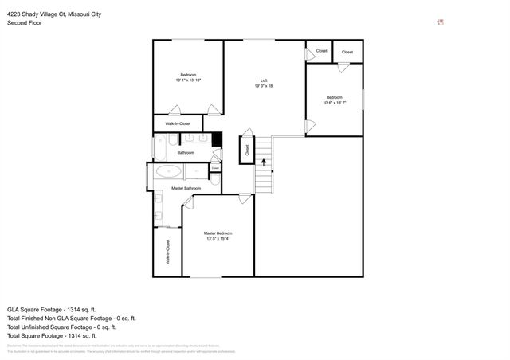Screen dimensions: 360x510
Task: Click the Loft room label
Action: click(x=264, y=80)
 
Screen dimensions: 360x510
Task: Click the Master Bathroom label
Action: click(x=186, y=188)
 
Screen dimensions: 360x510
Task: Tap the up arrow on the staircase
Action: click(x=263, y=162)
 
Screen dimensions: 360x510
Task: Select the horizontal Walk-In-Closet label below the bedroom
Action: click(x=178, y=123)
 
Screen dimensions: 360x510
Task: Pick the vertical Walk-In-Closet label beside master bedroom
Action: click(x=167, y=252)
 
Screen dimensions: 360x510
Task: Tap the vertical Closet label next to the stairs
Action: click(x=247, y=148)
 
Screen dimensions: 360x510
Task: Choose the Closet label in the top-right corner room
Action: click(x=347, y=52)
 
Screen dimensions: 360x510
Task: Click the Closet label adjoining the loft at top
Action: click(x=321, y=51)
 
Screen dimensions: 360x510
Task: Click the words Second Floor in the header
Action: click(x=24, y=23)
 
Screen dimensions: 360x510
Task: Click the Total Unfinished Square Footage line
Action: click(x=61, y=327)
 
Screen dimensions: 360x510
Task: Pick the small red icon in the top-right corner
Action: click(x=441, y=22)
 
